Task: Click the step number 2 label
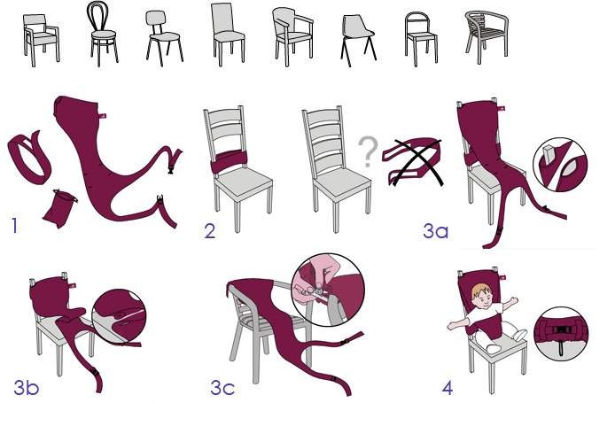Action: (x=210, y=231)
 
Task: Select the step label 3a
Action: (x=435, y=233)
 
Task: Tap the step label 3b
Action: (x=26, y=387)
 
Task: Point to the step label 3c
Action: (x=222, y=388)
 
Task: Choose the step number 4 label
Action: (x=448, y=387)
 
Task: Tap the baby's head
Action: (x=481, y=293)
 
